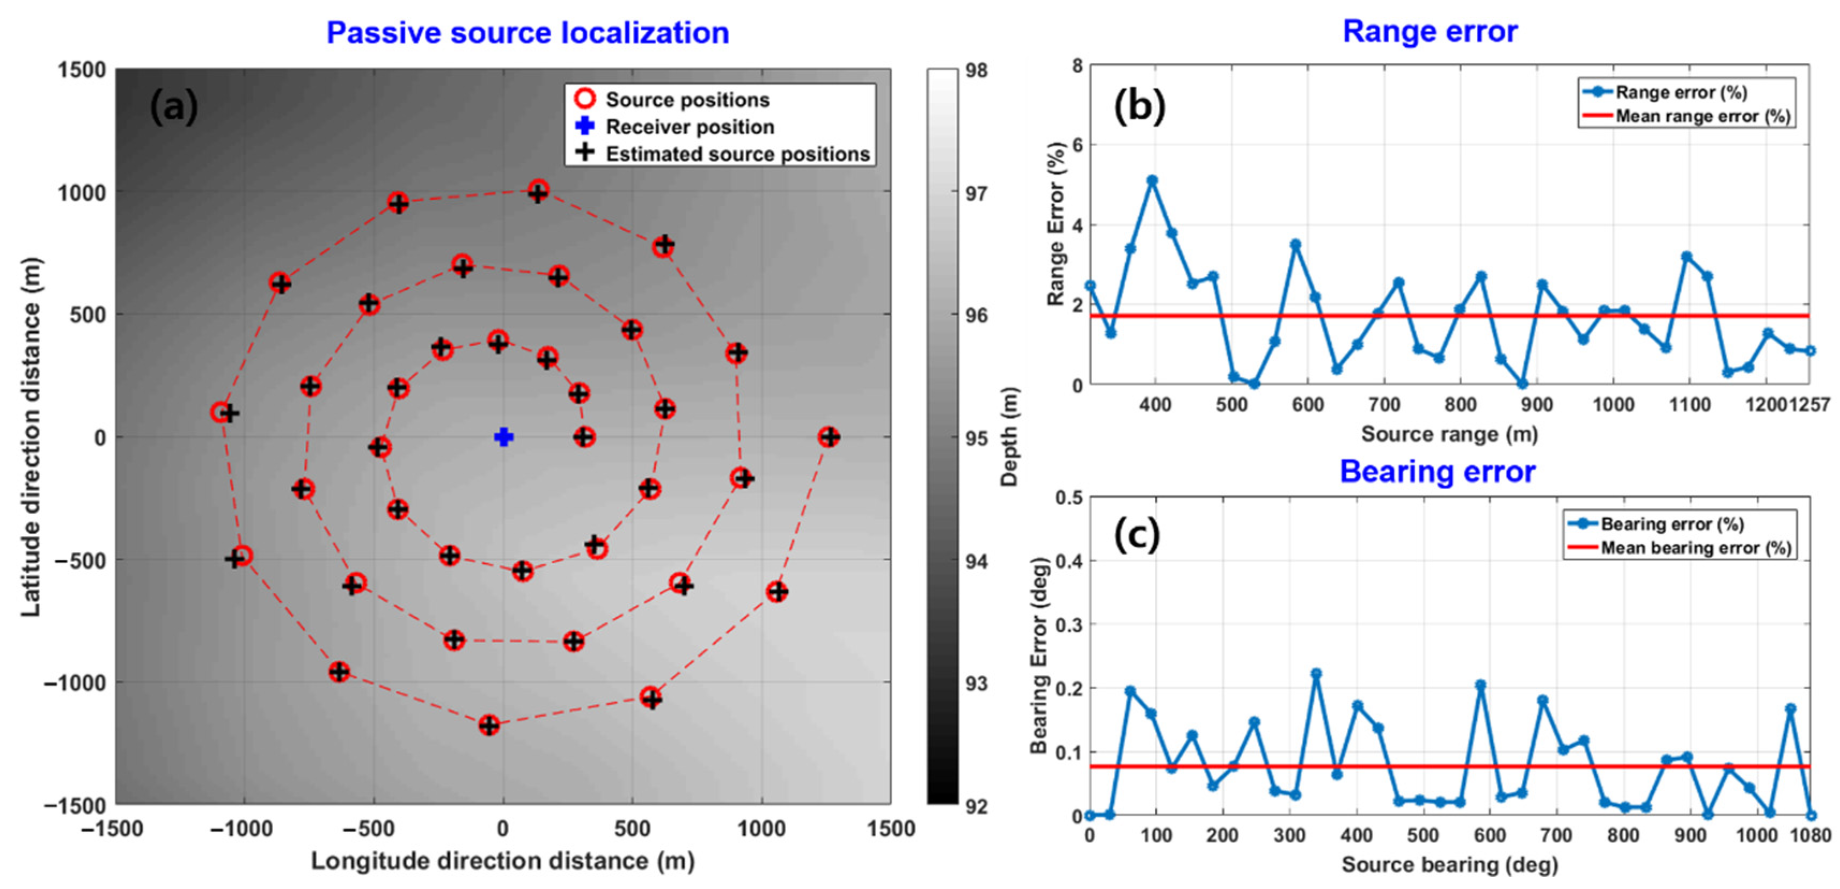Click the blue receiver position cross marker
coord(503,436)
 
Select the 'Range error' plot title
coord(1430,32)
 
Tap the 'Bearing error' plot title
coord(1437,472)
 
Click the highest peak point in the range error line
coord(1152,180)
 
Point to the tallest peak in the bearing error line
coord(1316,673)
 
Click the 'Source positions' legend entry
coord(686,100)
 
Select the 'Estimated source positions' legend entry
coord(736,154)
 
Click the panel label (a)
coord(173,107)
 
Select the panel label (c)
coord(1137,535)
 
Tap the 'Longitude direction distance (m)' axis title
coord(503,861)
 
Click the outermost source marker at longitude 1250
coord(829,436)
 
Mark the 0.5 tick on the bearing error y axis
coord(1068,498)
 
